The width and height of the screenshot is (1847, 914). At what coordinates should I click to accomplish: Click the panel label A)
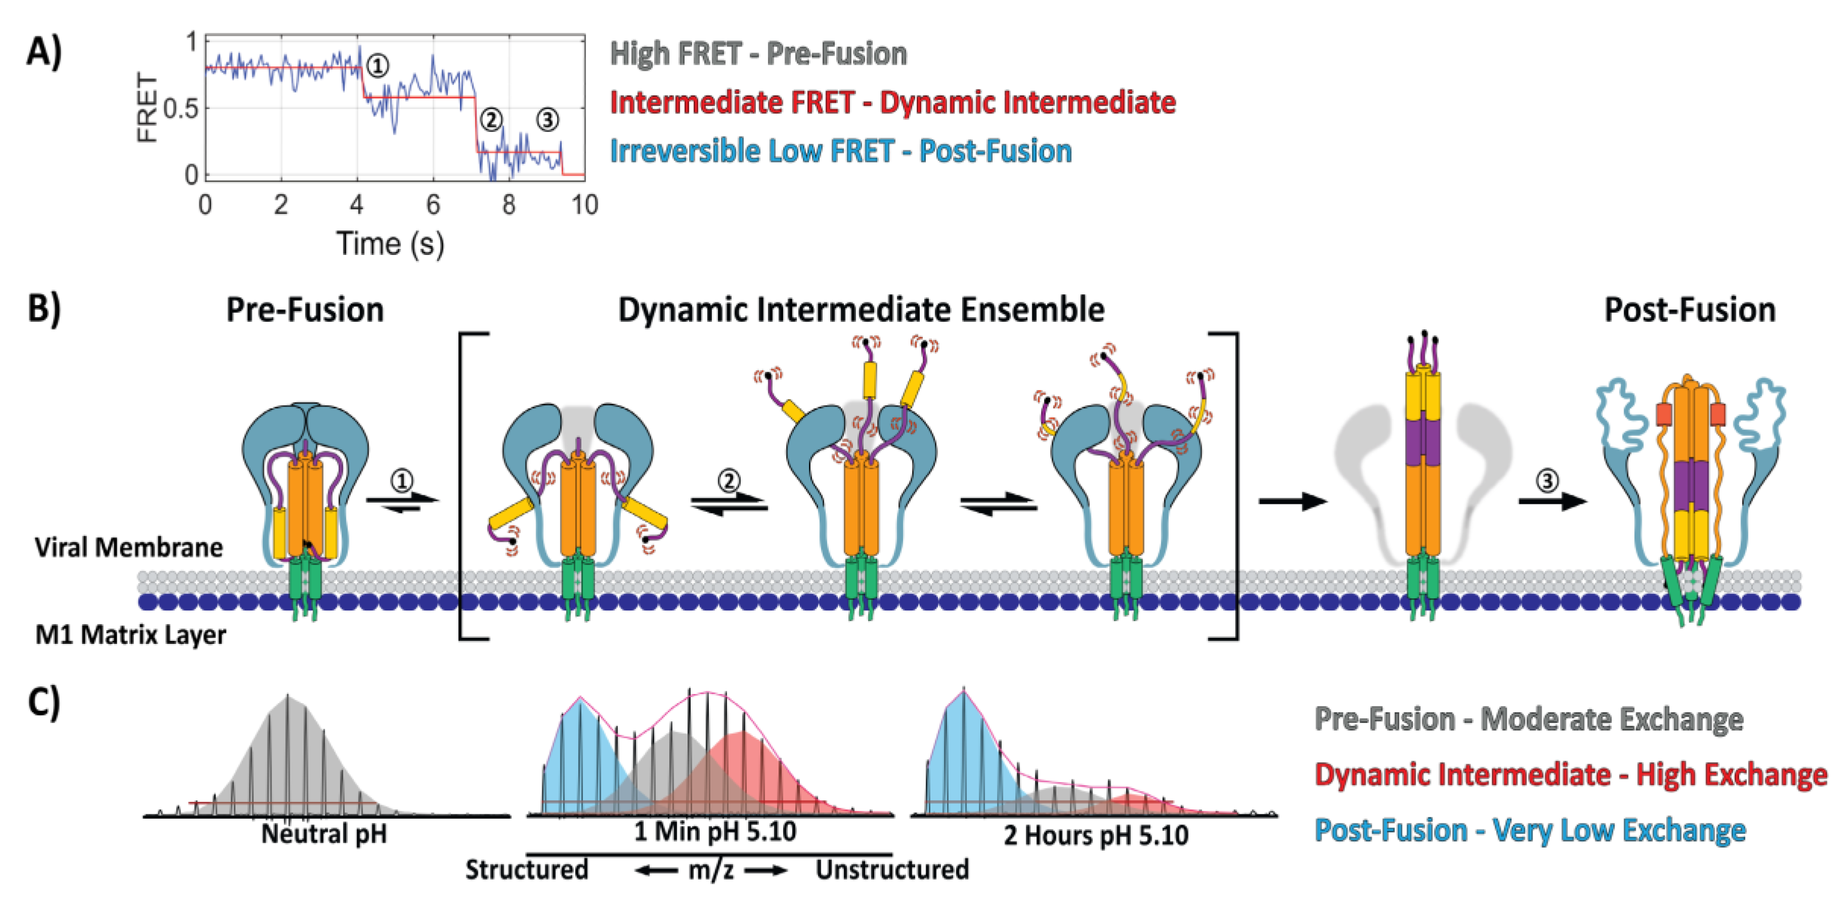(x=44, y=52)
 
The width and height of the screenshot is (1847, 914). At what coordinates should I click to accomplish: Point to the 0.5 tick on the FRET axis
(x=181, y=109)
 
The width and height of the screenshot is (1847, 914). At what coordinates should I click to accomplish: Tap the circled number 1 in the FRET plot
(x=377, y=66)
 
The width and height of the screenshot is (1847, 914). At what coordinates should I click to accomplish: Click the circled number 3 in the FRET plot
(x=548, y=120)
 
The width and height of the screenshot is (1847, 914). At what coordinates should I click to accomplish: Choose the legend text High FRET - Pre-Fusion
(x=758, y=54)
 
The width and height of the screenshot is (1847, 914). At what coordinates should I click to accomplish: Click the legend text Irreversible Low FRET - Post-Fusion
(x=840, y=151)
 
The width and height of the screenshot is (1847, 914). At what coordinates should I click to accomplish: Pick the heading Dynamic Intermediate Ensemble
(x=861, y=310)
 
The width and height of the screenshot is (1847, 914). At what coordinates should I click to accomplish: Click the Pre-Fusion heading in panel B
(x=305, y=310)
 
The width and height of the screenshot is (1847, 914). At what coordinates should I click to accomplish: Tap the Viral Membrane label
(x=128, y=547)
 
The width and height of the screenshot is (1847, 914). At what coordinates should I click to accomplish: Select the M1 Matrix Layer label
(x=130, y=635)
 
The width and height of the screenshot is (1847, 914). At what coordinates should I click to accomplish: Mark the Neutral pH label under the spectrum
(x=324, y=834)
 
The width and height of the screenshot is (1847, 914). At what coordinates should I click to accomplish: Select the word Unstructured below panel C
(x=892, y=869)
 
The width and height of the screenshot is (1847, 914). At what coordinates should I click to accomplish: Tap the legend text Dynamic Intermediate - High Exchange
(x=1570, y=775)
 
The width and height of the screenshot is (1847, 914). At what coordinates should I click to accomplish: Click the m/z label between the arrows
(x=710, y=870)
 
